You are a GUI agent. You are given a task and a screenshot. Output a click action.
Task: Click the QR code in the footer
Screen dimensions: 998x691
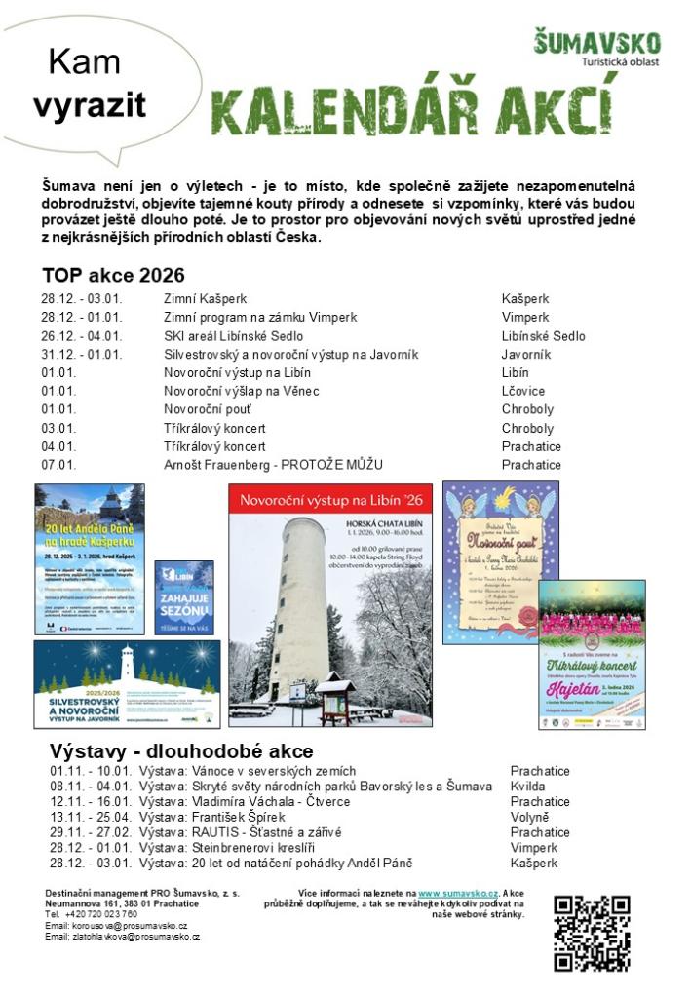592,933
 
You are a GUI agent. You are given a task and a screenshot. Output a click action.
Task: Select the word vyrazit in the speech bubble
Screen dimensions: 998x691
89,105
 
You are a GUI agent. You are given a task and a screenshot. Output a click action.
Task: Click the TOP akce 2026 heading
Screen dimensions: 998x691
113,275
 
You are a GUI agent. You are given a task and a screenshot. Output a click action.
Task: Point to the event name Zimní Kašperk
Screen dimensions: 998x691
205,299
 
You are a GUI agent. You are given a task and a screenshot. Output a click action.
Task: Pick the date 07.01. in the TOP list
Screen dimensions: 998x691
58,465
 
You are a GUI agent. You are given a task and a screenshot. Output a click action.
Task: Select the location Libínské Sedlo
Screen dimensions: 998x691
543,336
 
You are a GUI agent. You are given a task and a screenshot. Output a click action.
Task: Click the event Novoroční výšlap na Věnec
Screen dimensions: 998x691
242,391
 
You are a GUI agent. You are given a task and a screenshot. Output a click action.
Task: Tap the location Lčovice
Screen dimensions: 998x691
522,391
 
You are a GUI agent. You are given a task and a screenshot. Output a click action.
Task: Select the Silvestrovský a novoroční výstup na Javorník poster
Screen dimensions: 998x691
127,684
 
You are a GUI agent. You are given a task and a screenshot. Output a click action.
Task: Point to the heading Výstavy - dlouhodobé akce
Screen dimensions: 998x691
181,751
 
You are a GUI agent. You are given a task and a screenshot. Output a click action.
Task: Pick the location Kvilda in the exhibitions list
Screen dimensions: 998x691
527,787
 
